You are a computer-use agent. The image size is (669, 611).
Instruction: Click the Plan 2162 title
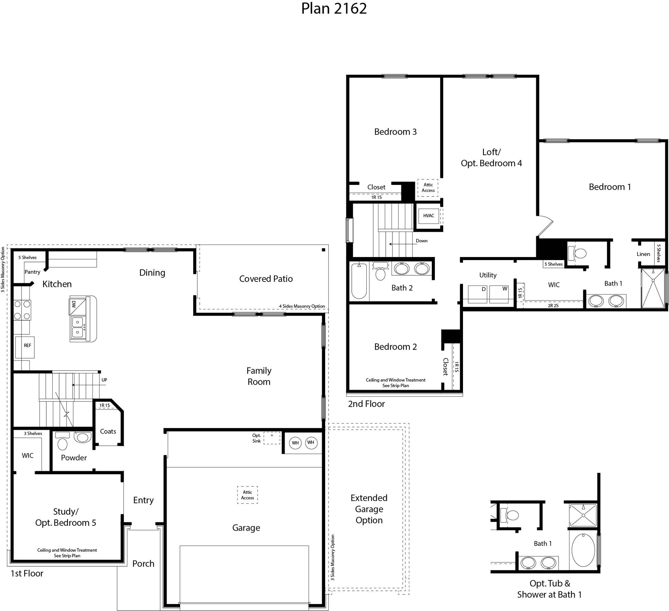coord(334,9)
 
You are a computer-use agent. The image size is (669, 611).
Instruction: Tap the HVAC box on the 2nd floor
coord(428,216)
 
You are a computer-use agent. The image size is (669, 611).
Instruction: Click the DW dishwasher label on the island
coord(74,304)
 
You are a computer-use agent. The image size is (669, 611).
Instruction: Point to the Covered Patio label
coord(266,279)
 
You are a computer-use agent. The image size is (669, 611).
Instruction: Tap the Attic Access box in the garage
coord(247,495)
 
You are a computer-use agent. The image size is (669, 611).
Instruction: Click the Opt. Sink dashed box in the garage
coord(272,438)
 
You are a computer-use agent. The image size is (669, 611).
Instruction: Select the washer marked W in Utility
coord(499,294)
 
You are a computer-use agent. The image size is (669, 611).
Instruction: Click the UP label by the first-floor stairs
coord(104,380)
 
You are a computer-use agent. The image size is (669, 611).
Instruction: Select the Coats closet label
coord(108,432)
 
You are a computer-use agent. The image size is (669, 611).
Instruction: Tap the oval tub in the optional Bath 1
coord(583,550)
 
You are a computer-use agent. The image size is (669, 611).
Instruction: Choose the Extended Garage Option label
coord(369,509)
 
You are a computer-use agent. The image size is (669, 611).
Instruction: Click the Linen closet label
coord(643,254)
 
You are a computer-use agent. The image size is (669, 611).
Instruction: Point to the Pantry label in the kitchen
coord(32,272)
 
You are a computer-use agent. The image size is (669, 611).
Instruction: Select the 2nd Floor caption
coord(366,404)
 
